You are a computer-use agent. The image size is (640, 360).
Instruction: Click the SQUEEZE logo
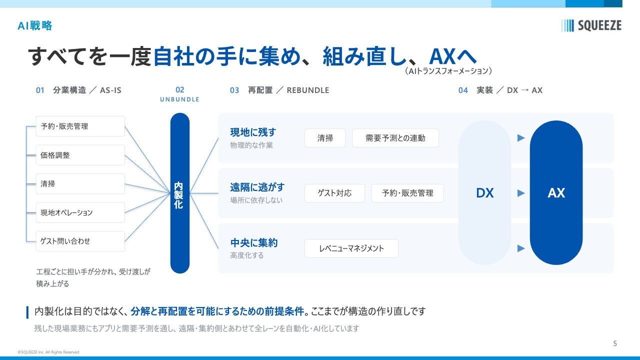point(591,25)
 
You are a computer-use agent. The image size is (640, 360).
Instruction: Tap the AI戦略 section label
point(35,25)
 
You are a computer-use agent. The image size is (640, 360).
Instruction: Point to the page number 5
point(615,343)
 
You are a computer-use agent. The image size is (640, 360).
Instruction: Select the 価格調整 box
point(80,155)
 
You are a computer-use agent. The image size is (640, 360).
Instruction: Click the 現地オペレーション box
point(80,212)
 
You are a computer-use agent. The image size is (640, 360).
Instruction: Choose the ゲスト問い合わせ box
point(80,241)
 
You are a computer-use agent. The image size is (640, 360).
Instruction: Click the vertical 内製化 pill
point(179,193)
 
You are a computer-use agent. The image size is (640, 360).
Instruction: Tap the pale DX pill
point(484,193)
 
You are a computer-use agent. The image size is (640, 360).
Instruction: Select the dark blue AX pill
point(556,193)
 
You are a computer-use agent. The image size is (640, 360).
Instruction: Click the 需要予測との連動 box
point(395,138)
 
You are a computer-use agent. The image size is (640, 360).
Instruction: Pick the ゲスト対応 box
point(334,193)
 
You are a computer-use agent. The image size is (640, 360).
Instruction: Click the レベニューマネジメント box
point(351,248)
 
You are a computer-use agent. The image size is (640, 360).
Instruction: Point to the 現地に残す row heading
point(253,132)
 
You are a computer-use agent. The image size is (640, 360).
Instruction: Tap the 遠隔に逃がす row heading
point(257,187)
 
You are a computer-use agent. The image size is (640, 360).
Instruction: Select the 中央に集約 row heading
point(253,242)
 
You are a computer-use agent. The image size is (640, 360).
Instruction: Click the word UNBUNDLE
point(179,99)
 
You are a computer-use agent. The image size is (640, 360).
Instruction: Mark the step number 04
point(463,90)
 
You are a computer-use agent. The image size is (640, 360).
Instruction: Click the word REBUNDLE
point(308,90)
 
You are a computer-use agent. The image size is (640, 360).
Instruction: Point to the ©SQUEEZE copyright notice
point(48,352)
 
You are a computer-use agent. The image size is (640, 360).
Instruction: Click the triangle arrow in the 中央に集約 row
point(521,248)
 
